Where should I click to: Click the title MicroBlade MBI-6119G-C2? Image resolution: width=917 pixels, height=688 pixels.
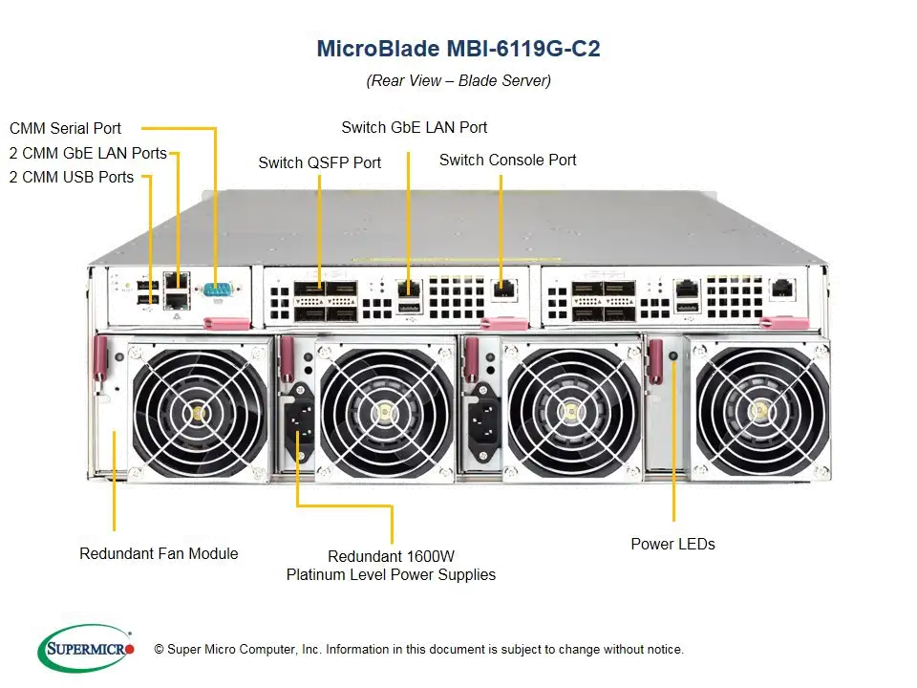tap(458, 49)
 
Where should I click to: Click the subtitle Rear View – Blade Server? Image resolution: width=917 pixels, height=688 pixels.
tap(458, 81)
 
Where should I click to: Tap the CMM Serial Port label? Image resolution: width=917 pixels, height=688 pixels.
tap(65, 127)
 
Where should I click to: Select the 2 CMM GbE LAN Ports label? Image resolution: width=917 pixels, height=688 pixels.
tap(88, 153)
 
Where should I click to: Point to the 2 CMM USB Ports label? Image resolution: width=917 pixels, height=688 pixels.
tap(72, 177)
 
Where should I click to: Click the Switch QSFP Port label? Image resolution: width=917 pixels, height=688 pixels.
tap(319, 163)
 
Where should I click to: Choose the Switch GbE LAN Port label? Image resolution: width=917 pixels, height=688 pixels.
tap(415, 127)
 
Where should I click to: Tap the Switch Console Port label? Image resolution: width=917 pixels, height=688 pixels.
tap(508, 161)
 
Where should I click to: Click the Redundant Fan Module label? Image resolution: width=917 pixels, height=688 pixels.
tap(159, 553)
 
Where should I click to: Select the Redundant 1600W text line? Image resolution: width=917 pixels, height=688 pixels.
tap(391, 556)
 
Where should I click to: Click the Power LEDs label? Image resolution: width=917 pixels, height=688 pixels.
tap(672, 545)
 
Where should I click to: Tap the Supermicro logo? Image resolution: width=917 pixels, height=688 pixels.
tap(87, 649)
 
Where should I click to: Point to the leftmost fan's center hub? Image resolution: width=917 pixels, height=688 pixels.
tap(200, 413)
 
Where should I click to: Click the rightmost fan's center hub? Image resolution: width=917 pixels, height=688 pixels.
tap(762, 412)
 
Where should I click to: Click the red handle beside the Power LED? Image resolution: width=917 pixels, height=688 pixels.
tap(655, 362)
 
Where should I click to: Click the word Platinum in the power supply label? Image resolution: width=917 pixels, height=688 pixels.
tap(322, 575)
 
